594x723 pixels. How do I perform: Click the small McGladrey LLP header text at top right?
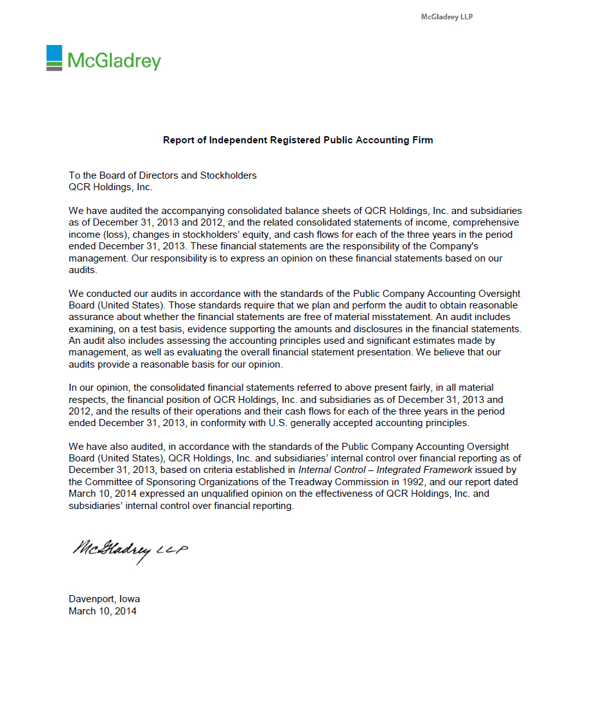[446, 17]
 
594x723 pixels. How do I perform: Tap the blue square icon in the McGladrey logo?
[55, 54]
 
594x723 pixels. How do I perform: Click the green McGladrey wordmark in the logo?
[114, 61]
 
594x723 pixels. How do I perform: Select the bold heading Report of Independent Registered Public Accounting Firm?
[298, 140]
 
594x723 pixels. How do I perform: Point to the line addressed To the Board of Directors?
[162, 175]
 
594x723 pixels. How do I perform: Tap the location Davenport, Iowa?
[104, 599]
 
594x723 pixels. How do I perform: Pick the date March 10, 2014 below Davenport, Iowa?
[103, 611]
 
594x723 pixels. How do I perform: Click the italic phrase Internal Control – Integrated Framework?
[385, 470]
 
